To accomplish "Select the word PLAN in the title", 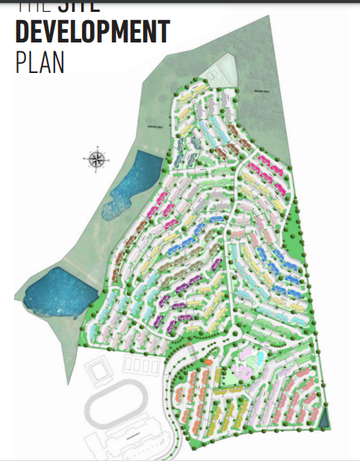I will tap(40, 62).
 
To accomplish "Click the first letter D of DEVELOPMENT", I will tap(22, 32).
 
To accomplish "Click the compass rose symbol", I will tap(96, 158).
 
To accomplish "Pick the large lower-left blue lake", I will tap(57, 290).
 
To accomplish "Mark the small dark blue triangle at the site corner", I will tap(325, 419).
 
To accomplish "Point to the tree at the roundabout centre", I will tap(234, 333).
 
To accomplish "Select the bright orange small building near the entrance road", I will tap(209, 362).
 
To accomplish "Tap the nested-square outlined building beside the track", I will tap(96, 371).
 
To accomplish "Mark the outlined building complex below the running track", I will tap(127, 445).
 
